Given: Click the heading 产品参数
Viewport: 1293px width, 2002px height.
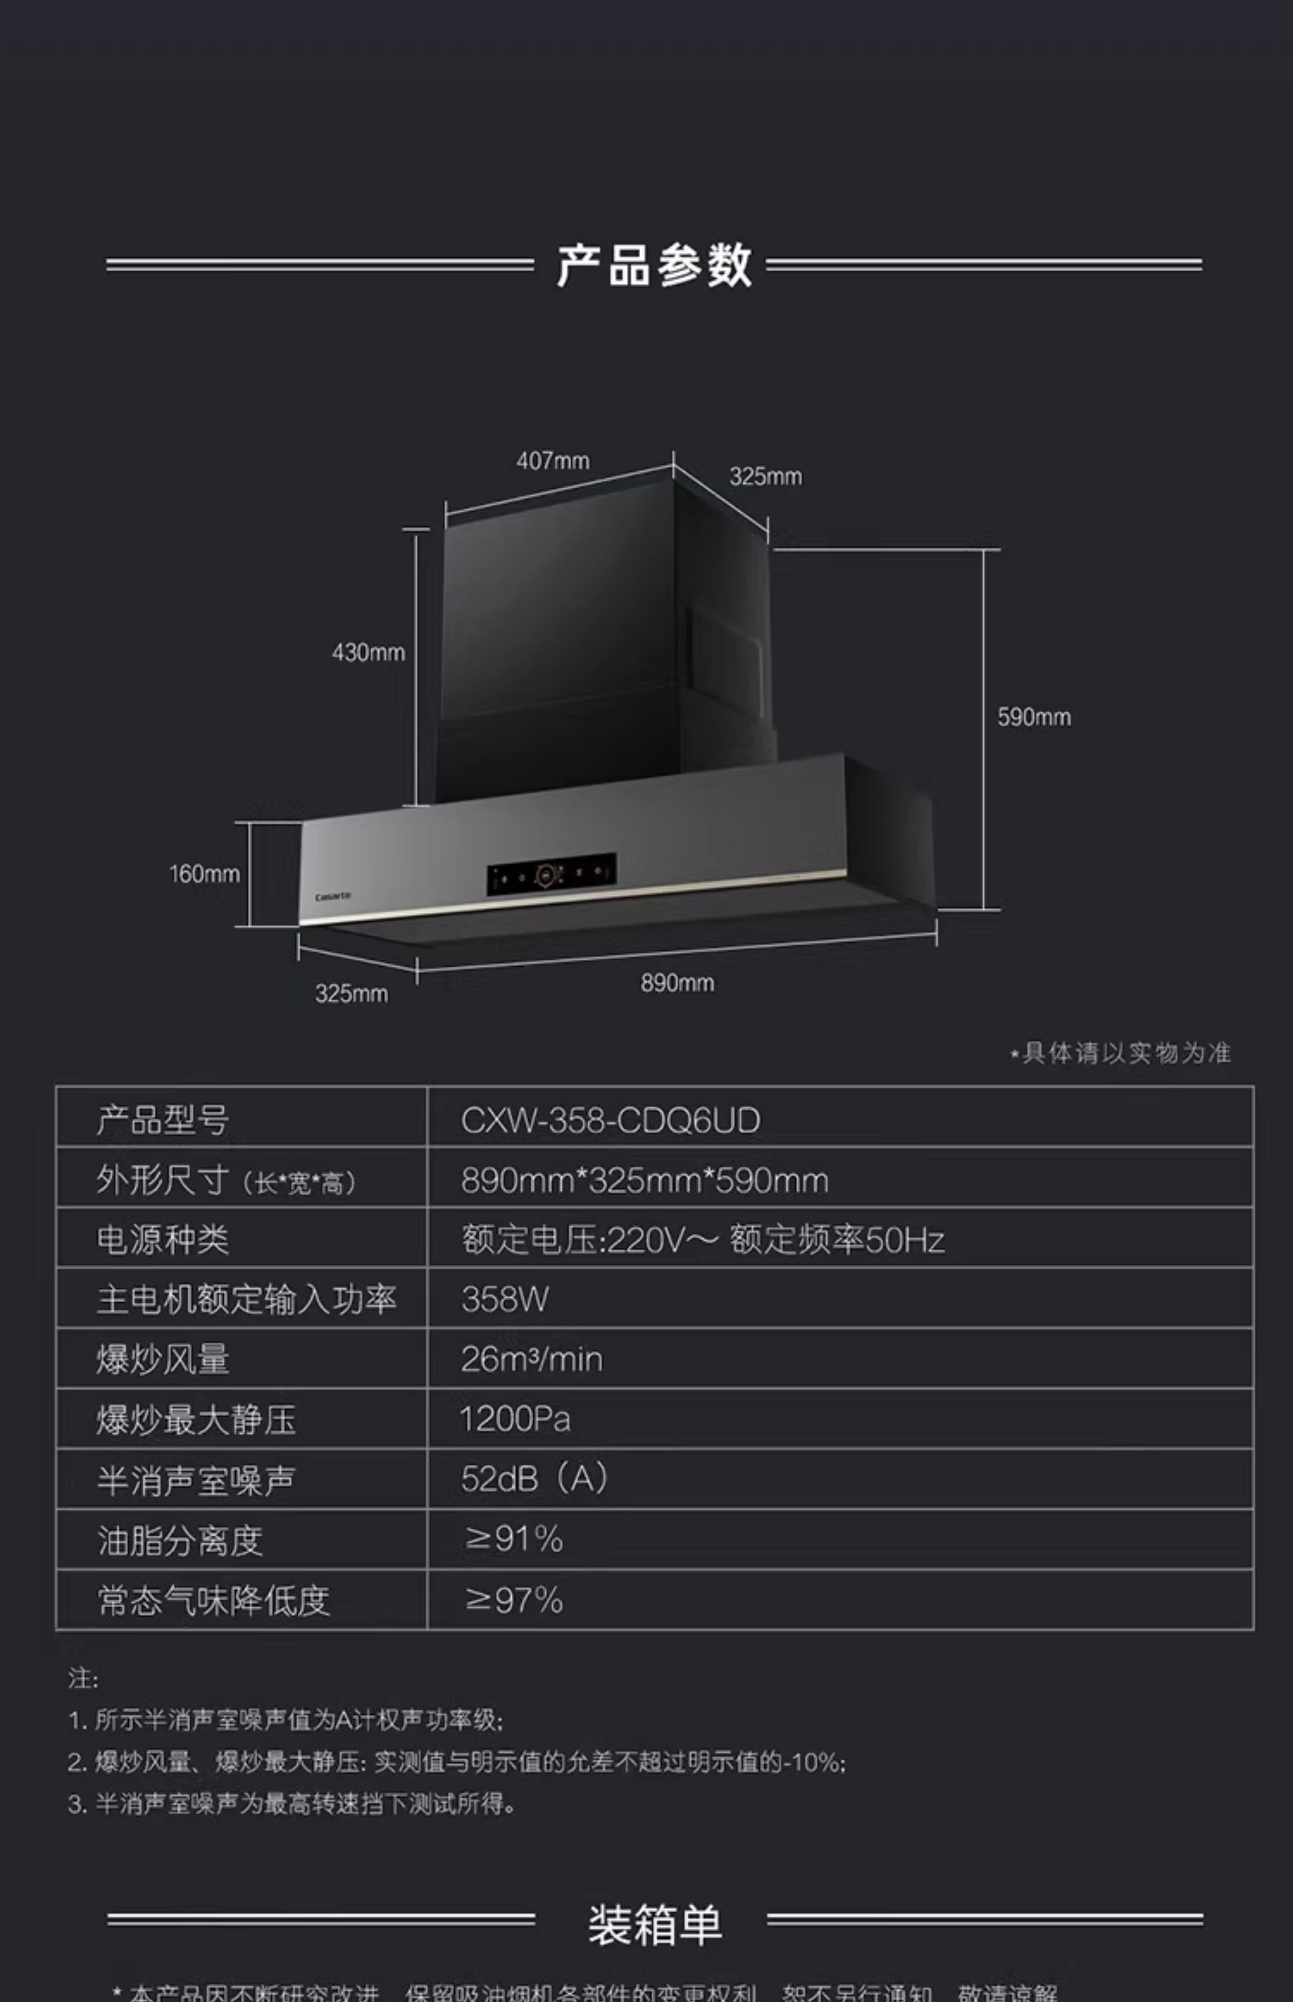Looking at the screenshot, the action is point(653,265).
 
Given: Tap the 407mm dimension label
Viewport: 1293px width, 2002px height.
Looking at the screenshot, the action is point(553,461).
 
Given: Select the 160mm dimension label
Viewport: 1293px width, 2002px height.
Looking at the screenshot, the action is point(204,874).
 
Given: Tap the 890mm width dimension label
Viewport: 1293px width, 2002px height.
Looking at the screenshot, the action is point(677,983).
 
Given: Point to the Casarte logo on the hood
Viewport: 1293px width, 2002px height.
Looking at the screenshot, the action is point(333,897).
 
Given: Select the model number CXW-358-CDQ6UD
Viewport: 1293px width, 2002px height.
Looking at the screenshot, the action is point(611,1120).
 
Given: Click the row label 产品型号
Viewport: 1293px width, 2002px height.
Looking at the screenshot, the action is point(162,1120).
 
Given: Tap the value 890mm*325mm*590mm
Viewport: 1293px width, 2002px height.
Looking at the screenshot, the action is point(644,1181).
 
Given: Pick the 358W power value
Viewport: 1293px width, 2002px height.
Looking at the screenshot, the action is point(505,1299).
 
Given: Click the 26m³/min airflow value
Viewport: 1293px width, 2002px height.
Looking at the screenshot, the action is point(531,1360).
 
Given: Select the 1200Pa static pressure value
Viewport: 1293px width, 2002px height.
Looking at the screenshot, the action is point(515,1420).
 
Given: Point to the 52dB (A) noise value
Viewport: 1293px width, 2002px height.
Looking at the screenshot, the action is point(534,1479).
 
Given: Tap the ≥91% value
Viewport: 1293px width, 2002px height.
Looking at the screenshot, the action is point(513,1540).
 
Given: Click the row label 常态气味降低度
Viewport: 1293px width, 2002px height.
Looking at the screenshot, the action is point(213,1601).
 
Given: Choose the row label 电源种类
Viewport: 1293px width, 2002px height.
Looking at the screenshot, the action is point(162,1240).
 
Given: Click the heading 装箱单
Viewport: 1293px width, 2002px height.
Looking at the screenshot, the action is point(654,1924).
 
